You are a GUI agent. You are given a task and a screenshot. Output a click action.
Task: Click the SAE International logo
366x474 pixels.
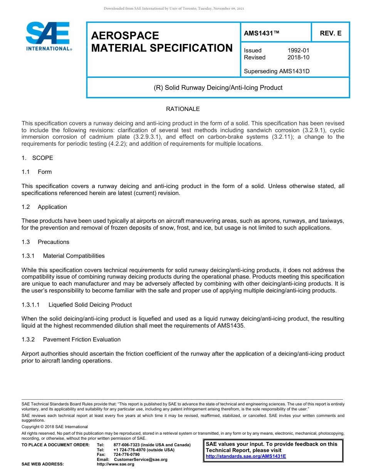point(49,37)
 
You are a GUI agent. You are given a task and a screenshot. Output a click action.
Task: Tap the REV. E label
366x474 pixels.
point(330,34)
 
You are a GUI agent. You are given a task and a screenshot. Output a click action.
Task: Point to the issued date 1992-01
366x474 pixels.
point(298,50)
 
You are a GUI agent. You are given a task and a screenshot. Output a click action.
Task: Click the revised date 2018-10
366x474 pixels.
point(298,57)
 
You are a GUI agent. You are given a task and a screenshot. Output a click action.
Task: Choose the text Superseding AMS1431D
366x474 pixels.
point(277,71)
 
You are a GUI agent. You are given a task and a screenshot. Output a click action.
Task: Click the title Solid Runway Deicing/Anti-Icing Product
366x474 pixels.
point(218,87)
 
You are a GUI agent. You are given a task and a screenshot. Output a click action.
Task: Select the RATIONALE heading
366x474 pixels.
point(183,109)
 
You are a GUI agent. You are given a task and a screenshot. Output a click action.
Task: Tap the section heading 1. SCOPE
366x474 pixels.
point(37,158)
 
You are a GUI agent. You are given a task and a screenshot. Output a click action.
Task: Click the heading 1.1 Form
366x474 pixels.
point(37,172)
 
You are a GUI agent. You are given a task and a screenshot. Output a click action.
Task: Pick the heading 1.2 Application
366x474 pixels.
point(44,207)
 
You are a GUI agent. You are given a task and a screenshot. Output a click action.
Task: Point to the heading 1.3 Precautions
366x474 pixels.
point(45,242)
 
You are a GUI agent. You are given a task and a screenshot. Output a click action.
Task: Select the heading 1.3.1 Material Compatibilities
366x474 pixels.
point(63,256)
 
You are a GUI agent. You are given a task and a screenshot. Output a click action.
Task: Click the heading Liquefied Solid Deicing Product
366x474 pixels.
point(90,305)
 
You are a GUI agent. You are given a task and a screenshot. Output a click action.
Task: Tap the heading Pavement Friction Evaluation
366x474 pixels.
point(82,340)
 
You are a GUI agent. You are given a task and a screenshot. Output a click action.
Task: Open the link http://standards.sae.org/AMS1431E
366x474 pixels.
point(246,456)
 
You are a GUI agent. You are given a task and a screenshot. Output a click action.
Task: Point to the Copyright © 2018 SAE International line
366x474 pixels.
point(55,427)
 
